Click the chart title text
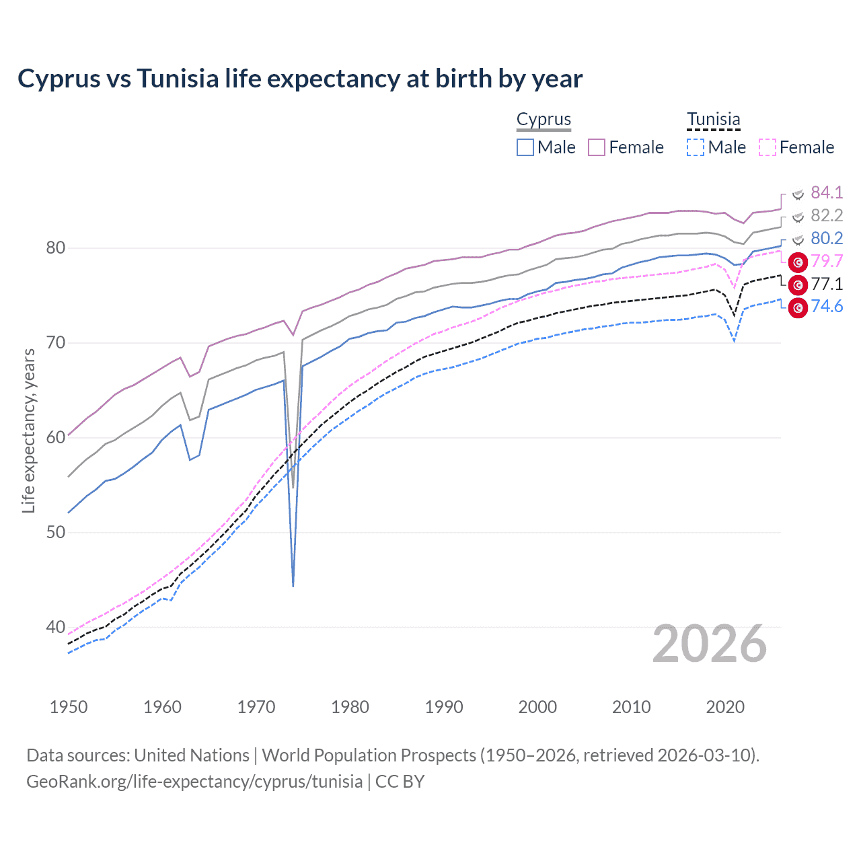point(300,79)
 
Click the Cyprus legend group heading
point(544,119)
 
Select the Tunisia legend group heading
point(713,119)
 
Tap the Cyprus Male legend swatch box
point(525,147)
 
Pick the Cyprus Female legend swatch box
point(597,147)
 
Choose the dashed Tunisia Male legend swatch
point(696,147)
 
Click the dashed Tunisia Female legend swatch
point(768,147)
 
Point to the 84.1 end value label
point(827,193)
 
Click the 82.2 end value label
point(827,216)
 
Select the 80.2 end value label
point(827,239)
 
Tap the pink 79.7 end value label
point(827,262)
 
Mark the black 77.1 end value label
point(827,285)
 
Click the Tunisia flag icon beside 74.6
point(798,308)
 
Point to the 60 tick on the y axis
point(55,437)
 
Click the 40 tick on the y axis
point(55,627)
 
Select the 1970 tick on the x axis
point(256,707)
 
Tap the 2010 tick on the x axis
point(631,707)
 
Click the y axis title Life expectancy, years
point(28,430)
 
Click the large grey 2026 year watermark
point(709,644)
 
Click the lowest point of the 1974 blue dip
point(293,586)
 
